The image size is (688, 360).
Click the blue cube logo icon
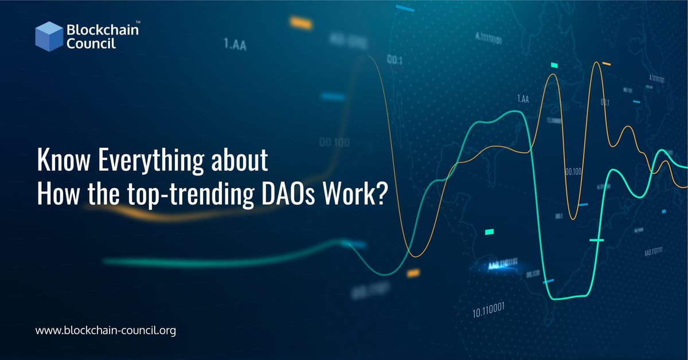point(49,36)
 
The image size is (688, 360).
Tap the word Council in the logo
point(92,43)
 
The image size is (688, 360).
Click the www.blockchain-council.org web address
point(105,330)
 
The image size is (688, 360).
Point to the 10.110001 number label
point(488,311)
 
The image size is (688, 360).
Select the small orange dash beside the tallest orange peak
point(607,64)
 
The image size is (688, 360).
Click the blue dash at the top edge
point(405,10)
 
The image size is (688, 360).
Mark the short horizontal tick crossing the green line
point(597,240)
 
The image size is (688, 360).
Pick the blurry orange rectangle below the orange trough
point(413,273)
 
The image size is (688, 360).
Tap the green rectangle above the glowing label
point(489,232)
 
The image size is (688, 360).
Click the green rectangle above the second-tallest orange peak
point(554,66)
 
